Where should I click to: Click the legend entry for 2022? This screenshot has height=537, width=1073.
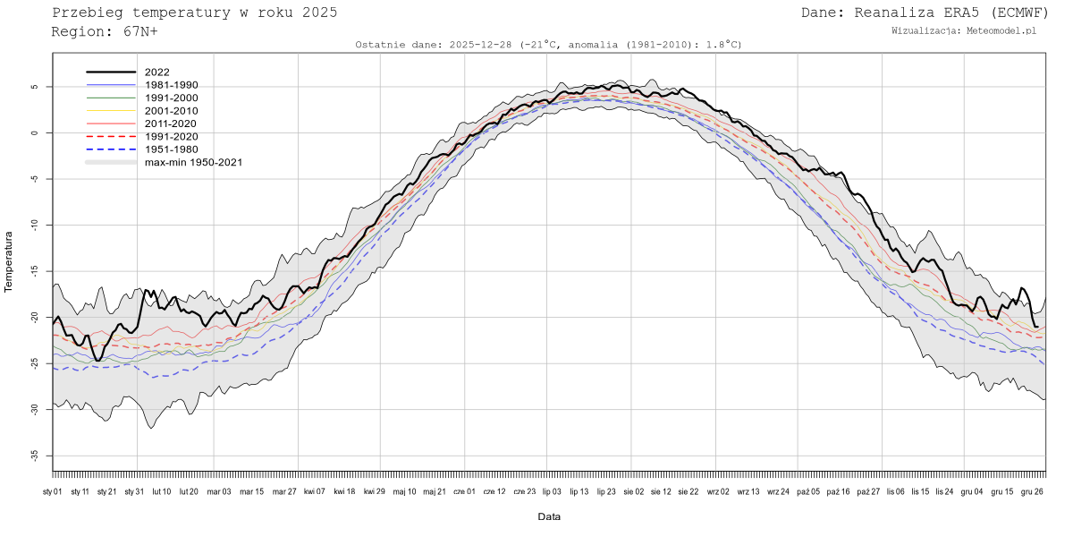point(157,72)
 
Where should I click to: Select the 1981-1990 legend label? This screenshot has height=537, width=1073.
point(171,85)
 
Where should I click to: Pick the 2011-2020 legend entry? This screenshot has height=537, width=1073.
point(171,124)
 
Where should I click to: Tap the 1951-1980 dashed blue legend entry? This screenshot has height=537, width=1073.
point(171,149)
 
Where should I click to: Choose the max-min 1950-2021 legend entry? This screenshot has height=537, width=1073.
point(193,162)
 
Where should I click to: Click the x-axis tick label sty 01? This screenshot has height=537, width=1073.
point(53,491)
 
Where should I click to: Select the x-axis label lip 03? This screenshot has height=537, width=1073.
point(552,491)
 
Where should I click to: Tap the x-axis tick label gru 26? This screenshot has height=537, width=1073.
point(1033,491)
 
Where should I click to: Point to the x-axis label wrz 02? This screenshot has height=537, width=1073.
point(718,491)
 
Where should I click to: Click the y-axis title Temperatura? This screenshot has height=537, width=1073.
point(9,261)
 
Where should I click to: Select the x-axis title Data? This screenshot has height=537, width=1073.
point(549,516)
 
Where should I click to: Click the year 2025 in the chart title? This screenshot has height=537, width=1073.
point(319,13)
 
